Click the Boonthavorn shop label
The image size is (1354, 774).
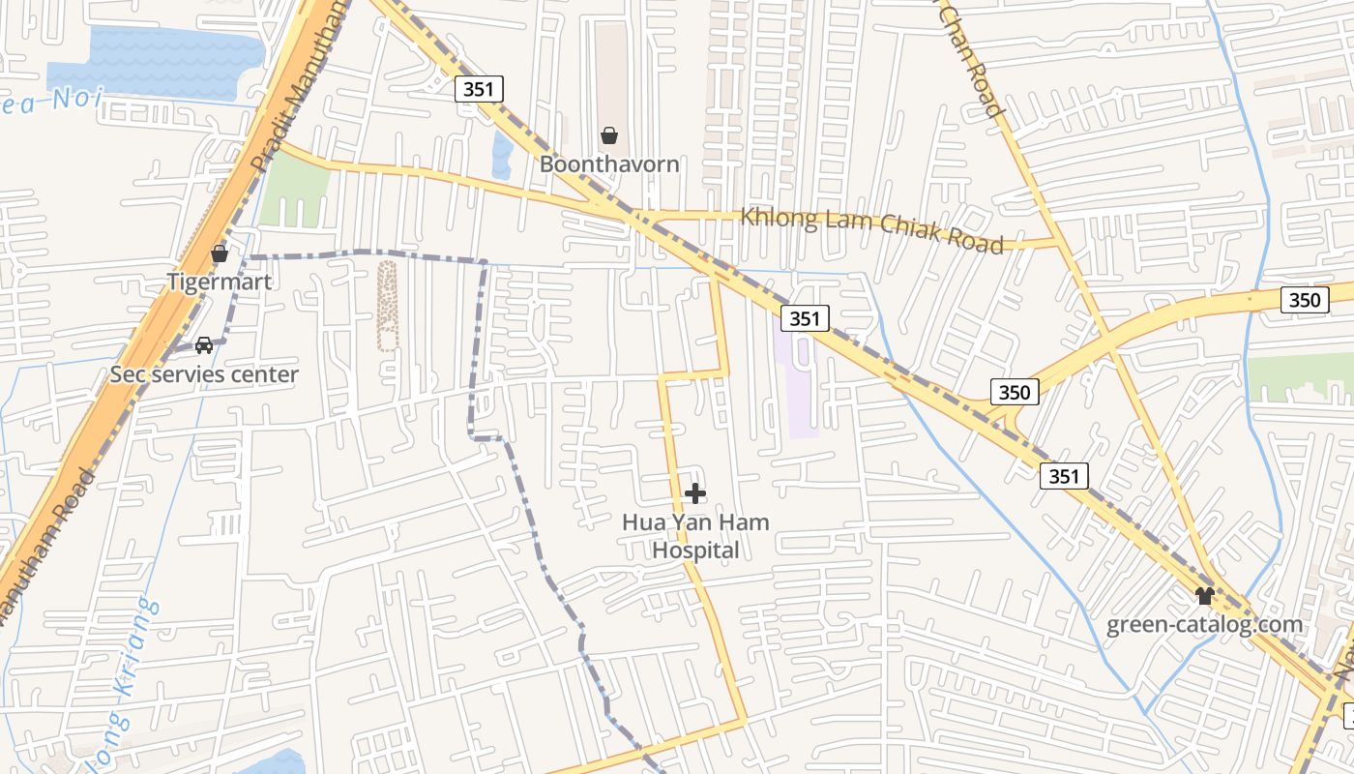[x=609, y=164]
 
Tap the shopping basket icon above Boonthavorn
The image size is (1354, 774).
[x=609, y=135]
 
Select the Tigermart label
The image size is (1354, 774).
[x=220, y=283]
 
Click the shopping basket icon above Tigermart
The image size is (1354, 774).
[x=220, y=253]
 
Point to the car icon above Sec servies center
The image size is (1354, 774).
[x=204, y=344]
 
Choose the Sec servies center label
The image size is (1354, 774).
[x=204, y=374]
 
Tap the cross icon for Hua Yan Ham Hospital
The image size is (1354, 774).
[x=694, y=494]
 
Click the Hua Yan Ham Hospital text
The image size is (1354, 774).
[x=695, y=536]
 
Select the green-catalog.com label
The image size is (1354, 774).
[x=1204, y=625]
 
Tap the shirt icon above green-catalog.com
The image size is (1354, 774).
[x=1204, y=596]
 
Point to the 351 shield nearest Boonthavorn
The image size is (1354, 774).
[x=479, y=90]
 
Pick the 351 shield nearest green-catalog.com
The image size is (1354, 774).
[x=1064, y=476]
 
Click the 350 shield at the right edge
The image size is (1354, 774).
[x=1304, y=300]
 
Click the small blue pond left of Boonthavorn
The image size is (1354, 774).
[x=502, y=155]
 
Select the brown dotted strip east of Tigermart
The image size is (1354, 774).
[x=387, y=305]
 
